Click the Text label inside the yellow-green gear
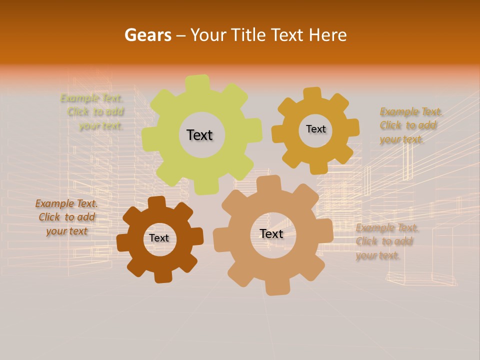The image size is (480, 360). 199,135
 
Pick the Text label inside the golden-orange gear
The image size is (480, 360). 315,129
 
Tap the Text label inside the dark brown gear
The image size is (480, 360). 159,238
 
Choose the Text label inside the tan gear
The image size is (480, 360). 271,233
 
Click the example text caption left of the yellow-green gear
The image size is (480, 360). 94,112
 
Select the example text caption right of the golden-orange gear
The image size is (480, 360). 410,125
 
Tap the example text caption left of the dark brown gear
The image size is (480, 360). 66,217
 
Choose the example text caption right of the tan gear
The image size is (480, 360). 386,241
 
